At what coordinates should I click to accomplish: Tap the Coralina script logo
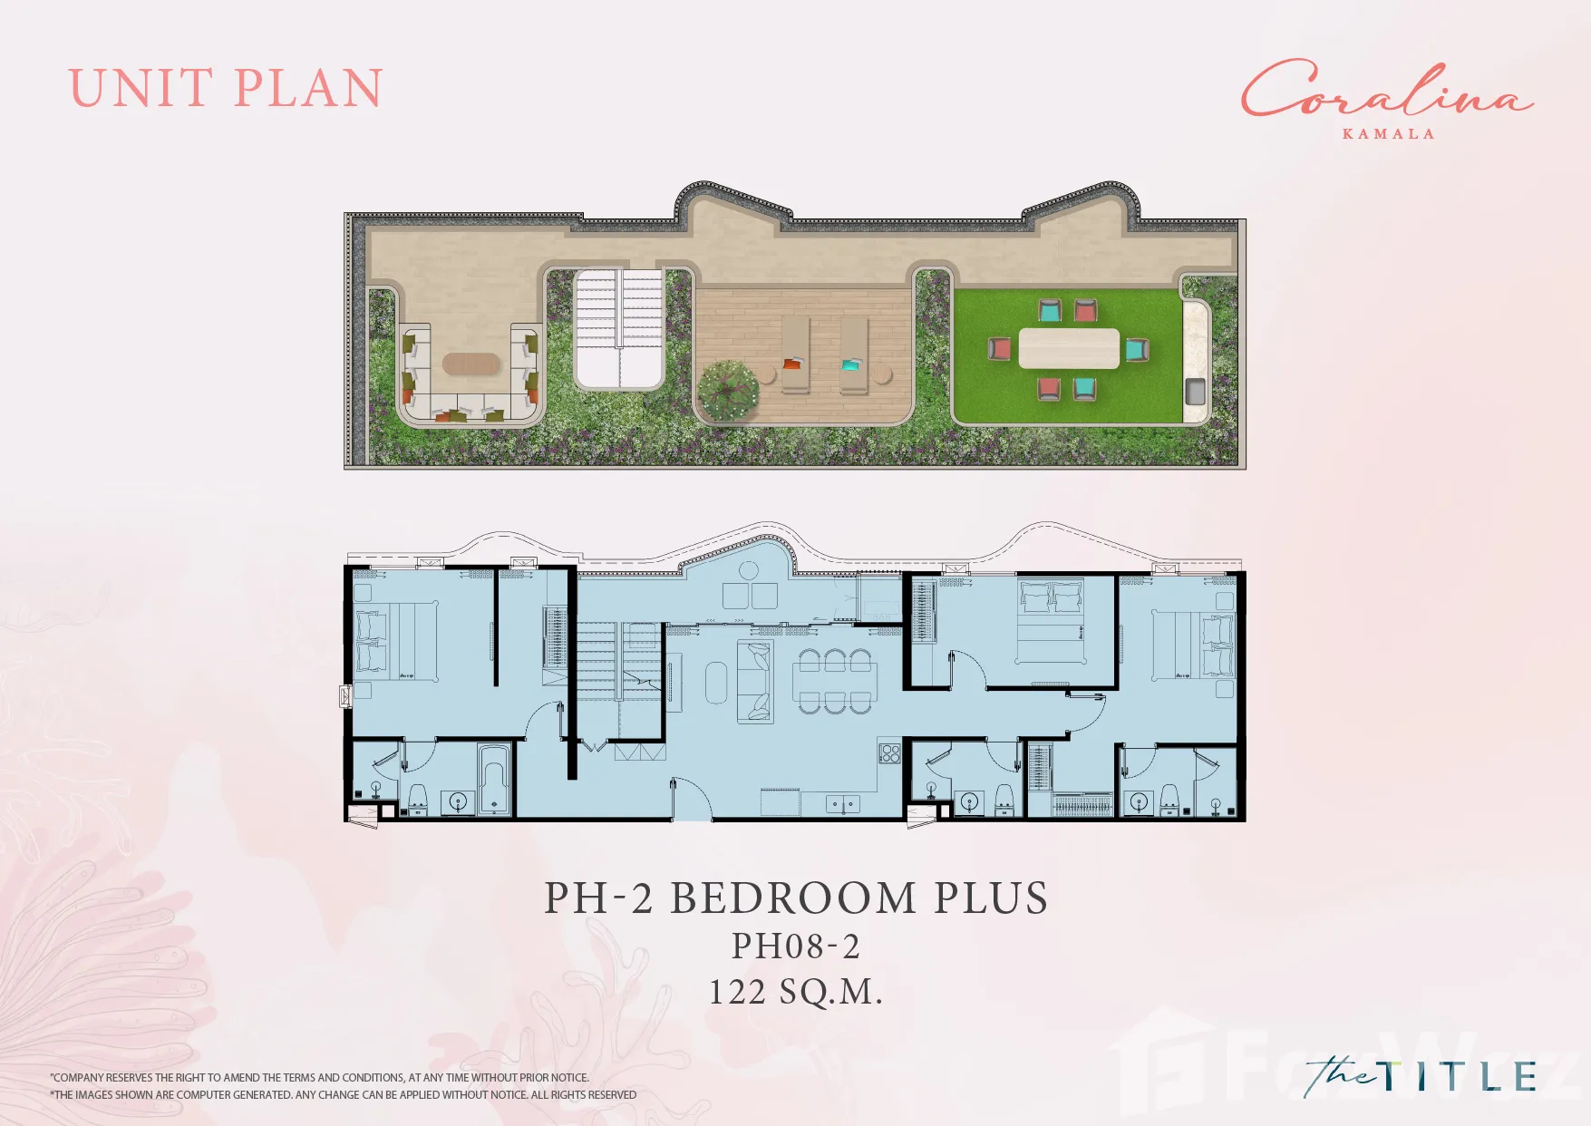1387,89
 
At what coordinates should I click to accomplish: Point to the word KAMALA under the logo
1388,134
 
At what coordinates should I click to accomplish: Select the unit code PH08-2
796,946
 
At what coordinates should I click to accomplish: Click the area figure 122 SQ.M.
795,992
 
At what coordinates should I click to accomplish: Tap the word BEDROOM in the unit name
793,898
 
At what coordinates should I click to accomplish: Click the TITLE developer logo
1421,1077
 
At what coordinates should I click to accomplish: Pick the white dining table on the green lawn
1069,348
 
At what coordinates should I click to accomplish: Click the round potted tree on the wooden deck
728,389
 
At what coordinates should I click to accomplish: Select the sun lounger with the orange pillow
795,354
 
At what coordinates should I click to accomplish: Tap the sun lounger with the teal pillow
854,354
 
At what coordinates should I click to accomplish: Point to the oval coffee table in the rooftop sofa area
471,364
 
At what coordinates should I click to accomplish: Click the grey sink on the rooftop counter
1196,392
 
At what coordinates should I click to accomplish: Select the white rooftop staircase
619,328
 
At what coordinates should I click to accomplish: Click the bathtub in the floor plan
494,779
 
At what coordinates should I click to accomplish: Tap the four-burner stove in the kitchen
889,753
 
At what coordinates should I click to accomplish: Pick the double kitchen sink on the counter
843,803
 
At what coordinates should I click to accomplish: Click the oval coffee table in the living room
716,683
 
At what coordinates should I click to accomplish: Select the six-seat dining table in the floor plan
835,682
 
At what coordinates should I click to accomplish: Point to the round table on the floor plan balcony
749,570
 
